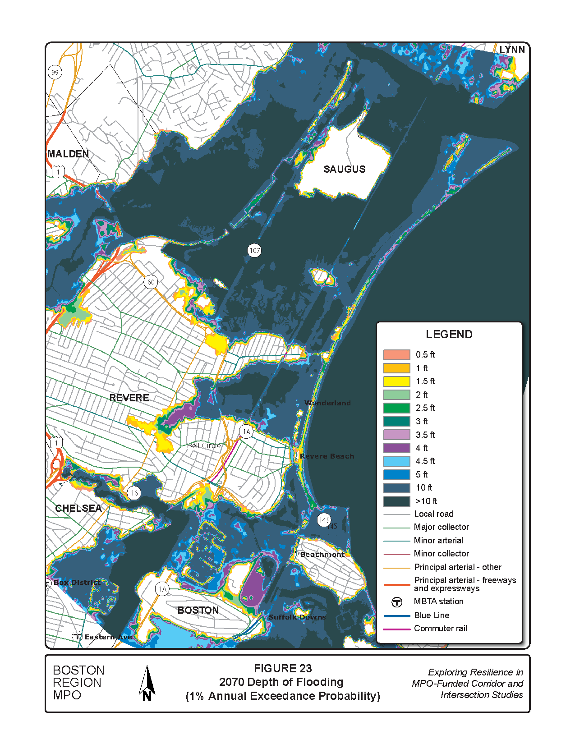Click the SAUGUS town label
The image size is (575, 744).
pyautogui.click(x=345, y=169)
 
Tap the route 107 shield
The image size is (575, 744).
pyautogui.click(x=255, y=250)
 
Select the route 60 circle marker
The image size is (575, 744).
pyautogui.click(x=151, y=282)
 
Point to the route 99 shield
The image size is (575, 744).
pyautogui.click(x=55, y=72)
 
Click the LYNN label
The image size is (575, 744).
pyautogui.click(x=512, y=50)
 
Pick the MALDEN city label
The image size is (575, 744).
pyautogui.click(x=69, y=154)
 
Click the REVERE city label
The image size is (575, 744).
pyautogui.click(x=129, y=398)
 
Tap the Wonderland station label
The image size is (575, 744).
pyautogui.click(x=327, y=403)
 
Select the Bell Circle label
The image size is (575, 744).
pyautogui.click(x=204, y=445)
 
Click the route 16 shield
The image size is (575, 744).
pyautogui.click(x=134, y=493)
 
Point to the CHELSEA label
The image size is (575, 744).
pyautogui.click(x=78, y=508)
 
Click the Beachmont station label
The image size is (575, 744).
pyautogui.click(x=322, y=555)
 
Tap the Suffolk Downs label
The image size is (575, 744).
pyautogui.click(x=297, y=617)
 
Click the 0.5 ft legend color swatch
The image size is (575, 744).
pyautogui.click(x=397, y=355)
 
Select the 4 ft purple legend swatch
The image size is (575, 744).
pyautogui.click(x=397, y=448)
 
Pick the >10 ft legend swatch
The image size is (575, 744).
pyautogui.click(x=397, y=501)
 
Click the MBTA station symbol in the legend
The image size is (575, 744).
pyautogui.click(x=397, y=602)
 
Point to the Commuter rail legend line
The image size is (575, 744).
pyautogui.click(x=397, y=629)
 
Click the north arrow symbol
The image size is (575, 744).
pyautogui.click(x=147, y=684)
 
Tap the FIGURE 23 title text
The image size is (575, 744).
pyautogui.click(x=283, y=668)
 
